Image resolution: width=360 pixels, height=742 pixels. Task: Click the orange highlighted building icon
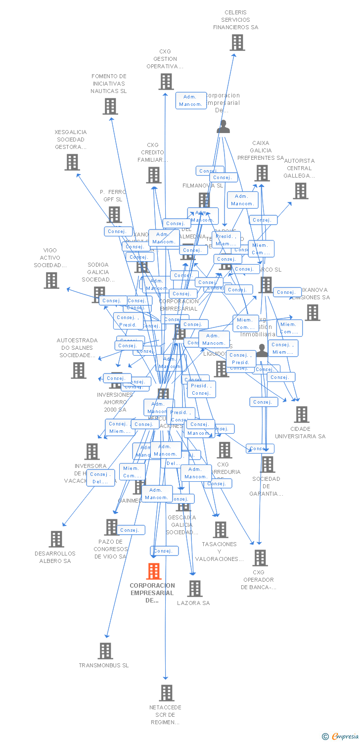(x=154, y=571)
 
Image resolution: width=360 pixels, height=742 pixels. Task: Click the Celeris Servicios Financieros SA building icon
(x=237, y=43)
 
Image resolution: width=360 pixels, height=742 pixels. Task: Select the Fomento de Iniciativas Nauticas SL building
(x=110, y=106)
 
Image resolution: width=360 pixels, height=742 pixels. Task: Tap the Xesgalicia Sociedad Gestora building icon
(x=72, y=162)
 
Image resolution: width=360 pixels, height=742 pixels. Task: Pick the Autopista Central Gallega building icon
(x=300, y=190)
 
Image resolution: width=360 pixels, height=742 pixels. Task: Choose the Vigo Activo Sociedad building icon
(x=51, y=280)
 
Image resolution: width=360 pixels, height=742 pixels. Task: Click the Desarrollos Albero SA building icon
(x=56, y=539)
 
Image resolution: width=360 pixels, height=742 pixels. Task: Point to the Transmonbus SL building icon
(x=105, y=651)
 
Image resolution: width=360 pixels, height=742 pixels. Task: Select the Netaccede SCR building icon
(x=167, y=693)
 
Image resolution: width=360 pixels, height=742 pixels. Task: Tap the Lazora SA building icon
(x=195, y=589)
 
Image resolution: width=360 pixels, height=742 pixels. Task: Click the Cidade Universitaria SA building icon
(x=301, y=415)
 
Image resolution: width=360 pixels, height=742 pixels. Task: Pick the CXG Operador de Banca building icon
(x=260, y=558)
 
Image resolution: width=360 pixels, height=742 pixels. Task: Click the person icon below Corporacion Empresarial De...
(x=224, y=127)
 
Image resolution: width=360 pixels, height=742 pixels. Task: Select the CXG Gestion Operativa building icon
(x=166, y=82)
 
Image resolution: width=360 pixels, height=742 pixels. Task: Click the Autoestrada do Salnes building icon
(x=79, y=371)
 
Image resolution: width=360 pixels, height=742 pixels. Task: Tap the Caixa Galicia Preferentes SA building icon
(x=262, y=173)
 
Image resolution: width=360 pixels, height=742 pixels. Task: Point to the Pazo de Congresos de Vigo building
(x=112, y=527)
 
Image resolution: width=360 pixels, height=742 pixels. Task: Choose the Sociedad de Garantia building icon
(x=268, y=464)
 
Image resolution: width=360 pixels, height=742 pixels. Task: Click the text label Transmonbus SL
(x=104, y=665)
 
